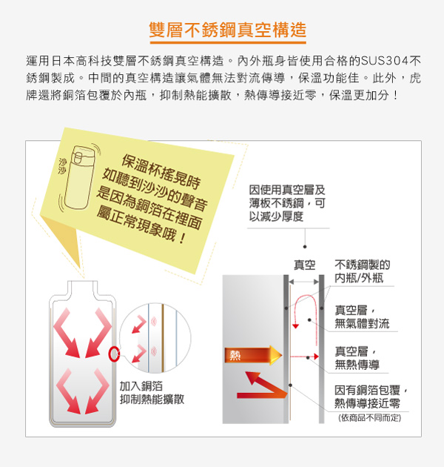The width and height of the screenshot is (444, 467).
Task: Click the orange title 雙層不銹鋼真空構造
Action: click(x=227, y=30)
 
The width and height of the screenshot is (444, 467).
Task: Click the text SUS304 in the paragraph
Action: click(x=385, y=61)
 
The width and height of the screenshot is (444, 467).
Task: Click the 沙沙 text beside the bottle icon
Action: click(x=62, y=166)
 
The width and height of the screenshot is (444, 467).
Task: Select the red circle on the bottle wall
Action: click(x=114, y=354)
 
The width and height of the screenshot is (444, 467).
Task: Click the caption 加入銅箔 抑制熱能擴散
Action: click(x=152, y=393)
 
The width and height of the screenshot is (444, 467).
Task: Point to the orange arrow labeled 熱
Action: click(x=253, y=355)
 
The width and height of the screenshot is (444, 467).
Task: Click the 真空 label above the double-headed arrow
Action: click(x=305, y=265)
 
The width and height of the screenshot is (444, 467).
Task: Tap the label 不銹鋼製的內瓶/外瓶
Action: click(x=362, y=271)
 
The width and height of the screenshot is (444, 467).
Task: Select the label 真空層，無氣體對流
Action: click(x=362, y=317)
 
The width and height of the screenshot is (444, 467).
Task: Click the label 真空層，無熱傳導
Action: click(x=357, y=358)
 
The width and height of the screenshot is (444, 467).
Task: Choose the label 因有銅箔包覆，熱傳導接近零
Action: click(x=371, y=397)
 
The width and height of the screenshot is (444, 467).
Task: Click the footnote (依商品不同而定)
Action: click(x=370, y=418)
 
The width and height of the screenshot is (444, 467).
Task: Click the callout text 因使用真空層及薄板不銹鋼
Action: click(x=287, y=203)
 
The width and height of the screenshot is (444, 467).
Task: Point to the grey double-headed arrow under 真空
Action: click(x=304, y=282)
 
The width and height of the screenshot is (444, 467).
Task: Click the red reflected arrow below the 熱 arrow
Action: click(x=262, y=385)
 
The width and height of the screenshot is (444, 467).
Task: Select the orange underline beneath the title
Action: click(x=228, y=43)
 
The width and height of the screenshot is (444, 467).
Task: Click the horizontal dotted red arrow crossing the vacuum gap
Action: click(x=305, y=357)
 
